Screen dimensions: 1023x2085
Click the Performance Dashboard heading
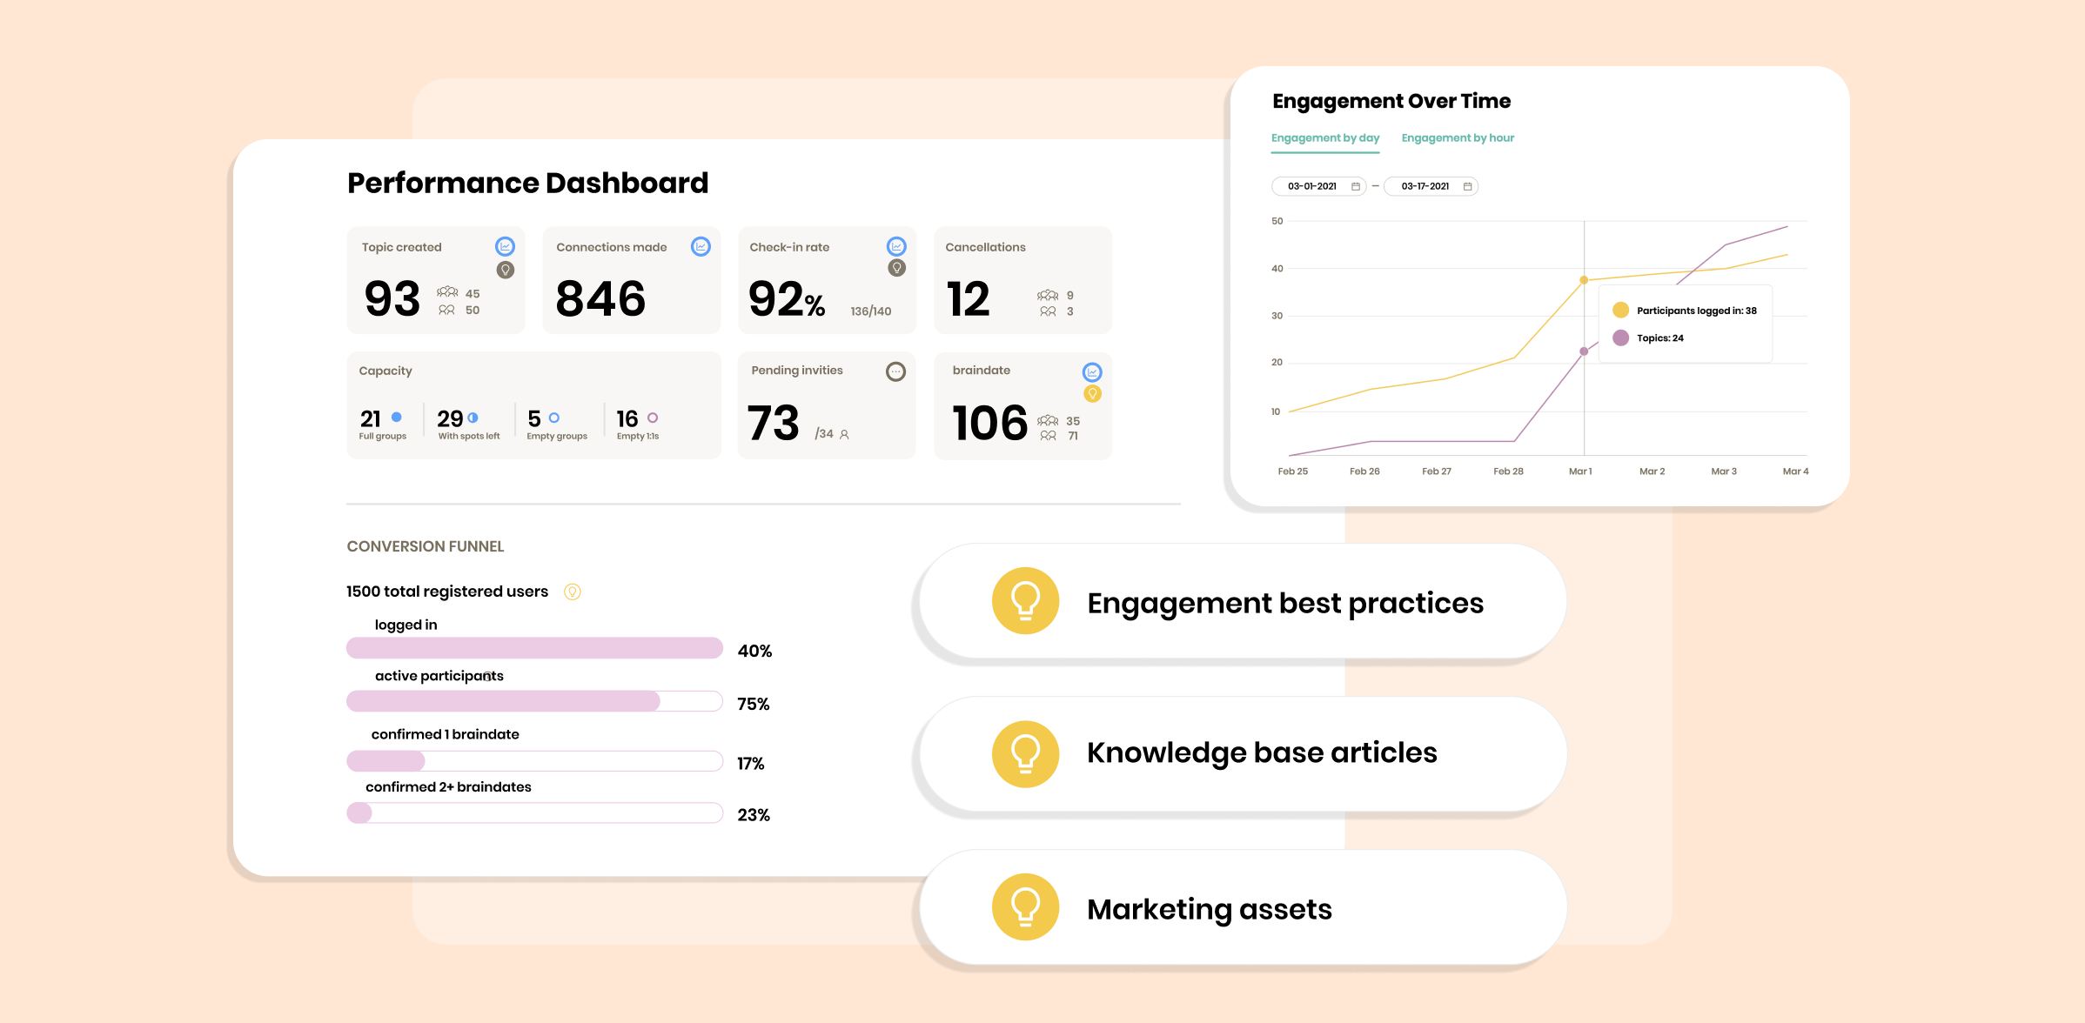coord(527,183)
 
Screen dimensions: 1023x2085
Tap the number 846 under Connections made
coord(600,298)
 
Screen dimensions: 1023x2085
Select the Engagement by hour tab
coord(1458,137)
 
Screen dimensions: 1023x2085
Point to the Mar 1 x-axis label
coord(1580,471)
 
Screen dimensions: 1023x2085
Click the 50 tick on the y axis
coord(1277,221)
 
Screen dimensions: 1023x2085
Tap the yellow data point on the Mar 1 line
coord(1584,280)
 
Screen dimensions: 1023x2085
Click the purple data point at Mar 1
coord(1584,351)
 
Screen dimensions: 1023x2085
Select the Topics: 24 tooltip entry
coord(1659,338)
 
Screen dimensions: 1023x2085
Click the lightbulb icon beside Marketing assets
coord(1025,906)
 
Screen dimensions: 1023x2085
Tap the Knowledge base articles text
coord(1262,752)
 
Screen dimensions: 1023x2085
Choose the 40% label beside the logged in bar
coord(754,651)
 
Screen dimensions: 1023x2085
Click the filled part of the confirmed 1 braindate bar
coord(385,761)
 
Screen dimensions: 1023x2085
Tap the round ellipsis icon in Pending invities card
coord(895,372)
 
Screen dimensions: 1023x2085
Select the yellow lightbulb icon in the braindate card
coord(1092,394)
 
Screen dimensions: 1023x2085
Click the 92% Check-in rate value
coord(787,299)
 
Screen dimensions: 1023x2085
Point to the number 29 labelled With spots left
coord(450,418)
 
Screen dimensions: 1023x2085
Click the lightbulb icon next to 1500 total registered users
coord(572,592)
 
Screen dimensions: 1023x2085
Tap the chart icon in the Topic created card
coord(505,246)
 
